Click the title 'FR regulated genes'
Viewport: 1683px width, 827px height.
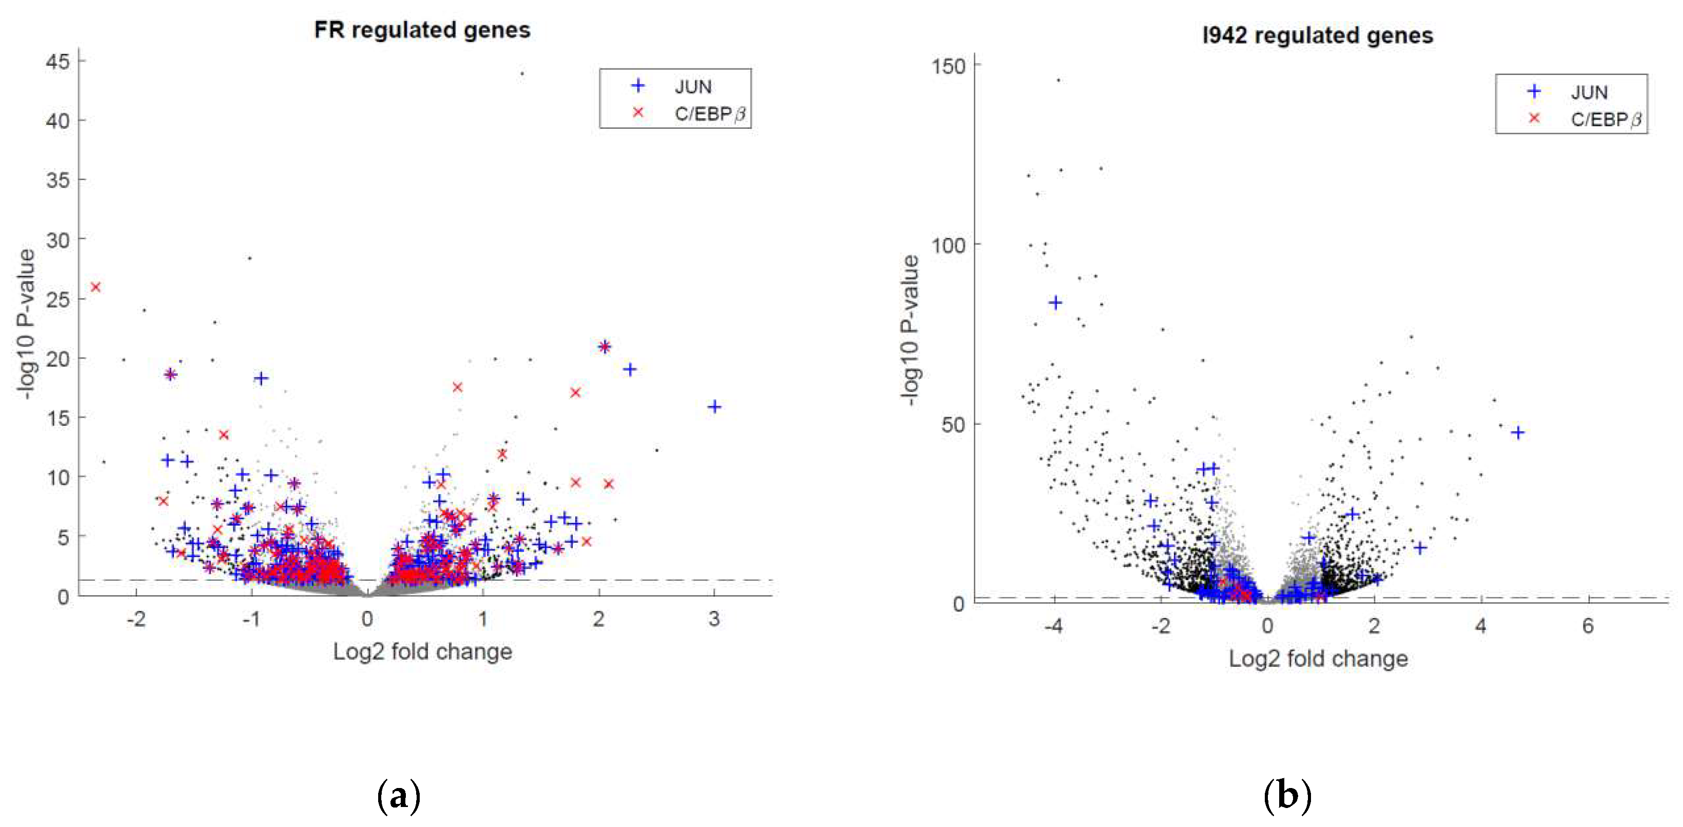point(422,30)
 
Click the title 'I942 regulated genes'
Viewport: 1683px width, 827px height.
point(1317,35)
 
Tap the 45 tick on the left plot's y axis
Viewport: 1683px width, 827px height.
point(57,62)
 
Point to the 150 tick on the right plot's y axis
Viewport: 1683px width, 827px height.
point(949,66)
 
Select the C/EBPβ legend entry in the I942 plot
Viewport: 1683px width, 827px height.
point(1604,120)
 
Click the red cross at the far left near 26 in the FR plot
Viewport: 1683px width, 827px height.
point(96,287)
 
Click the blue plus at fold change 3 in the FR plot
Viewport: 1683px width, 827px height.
point(715,406)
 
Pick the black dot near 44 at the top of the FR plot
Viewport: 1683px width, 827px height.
point(521,73)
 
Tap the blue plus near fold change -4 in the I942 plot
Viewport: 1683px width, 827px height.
point(1055,303)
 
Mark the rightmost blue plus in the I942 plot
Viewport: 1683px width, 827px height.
point(1518,432)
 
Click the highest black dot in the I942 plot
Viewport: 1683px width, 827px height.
point(1059,81)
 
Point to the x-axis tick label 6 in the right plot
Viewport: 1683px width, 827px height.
point(1588,626)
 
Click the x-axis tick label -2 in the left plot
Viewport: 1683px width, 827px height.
point(135,619)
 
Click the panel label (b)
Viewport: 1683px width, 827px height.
point(1287,796)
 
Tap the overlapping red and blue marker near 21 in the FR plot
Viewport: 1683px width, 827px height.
point(604,346)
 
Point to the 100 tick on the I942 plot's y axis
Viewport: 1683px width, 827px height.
point(949,246)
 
